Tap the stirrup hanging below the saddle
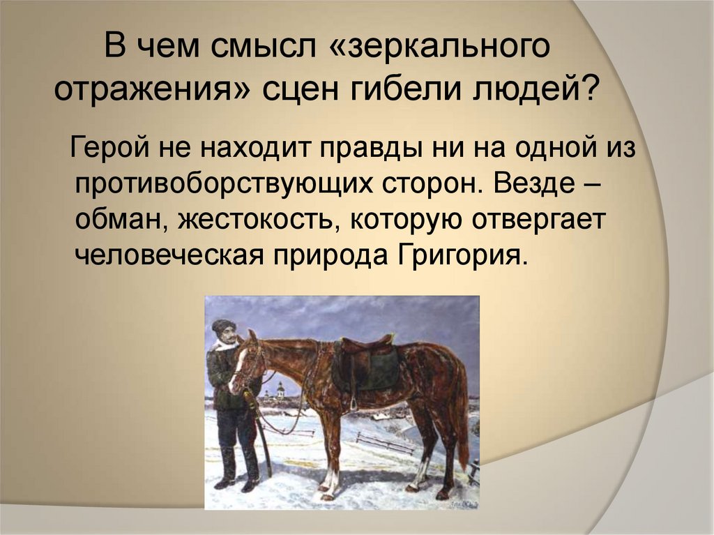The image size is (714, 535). pos(354,403)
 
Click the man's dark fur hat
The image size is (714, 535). pos(224,326)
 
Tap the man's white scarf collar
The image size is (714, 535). pos(225,343)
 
